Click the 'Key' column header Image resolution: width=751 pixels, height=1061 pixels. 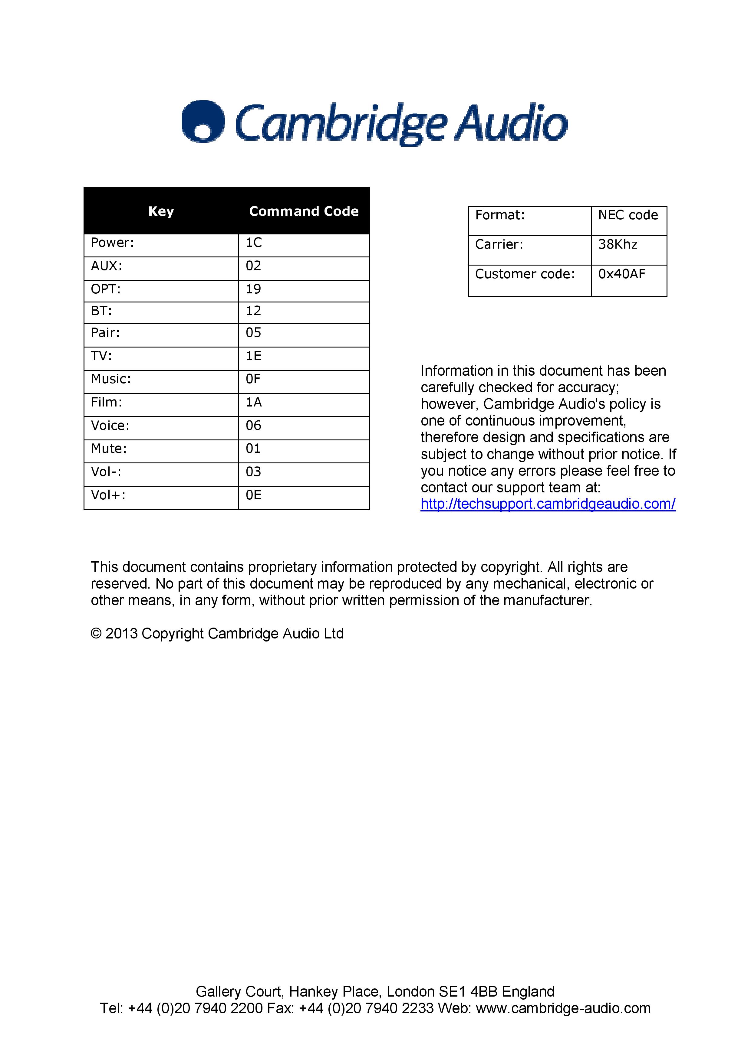pos(161,211)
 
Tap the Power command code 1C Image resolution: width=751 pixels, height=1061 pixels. pos(254,243)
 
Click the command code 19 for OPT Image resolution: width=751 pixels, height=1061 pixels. pos(253,289)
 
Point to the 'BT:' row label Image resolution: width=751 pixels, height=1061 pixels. pos(101,311)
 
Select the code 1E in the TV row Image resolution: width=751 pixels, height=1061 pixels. pos(253,356)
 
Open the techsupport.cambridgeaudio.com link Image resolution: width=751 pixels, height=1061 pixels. pos(548,504)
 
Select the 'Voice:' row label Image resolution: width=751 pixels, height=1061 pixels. pos(110,426)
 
